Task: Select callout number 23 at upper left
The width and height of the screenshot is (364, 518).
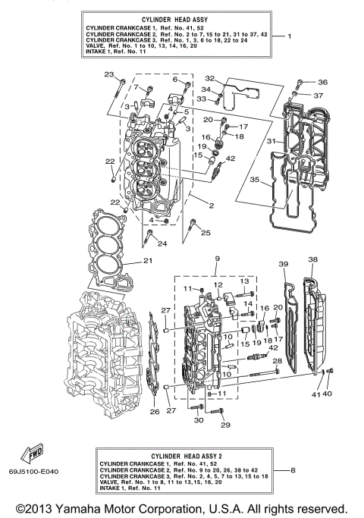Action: coord(109,74)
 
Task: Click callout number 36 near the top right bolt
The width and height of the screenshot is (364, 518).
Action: coord(322,82)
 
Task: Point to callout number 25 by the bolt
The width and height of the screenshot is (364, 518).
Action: coord(206,232)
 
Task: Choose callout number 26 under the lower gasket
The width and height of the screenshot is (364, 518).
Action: coord(155,412)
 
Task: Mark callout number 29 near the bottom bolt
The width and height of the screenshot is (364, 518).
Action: coord(224,425)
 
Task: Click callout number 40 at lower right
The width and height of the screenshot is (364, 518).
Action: coord(328,394)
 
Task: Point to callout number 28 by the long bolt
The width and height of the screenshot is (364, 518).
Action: coord(277,360)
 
